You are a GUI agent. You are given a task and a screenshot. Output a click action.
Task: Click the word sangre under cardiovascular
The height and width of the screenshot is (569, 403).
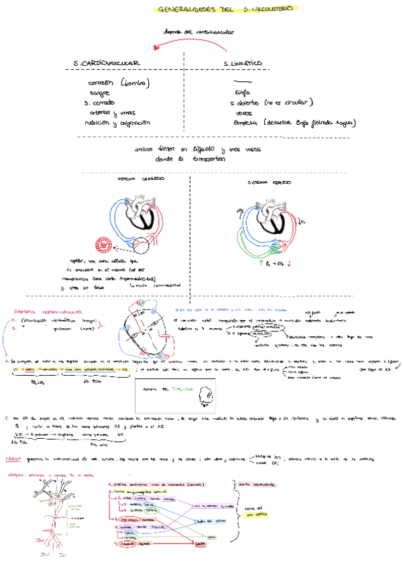tap(99, 94)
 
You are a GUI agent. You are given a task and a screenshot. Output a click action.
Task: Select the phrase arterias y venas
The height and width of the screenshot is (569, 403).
tap(112, 113)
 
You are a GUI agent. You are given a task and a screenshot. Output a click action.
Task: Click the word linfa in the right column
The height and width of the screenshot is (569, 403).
tap(242, 94)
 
